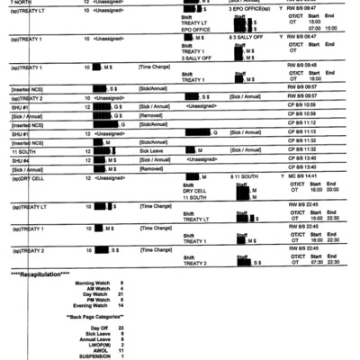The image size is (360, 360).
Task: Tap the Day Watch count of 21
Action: click(121, 294)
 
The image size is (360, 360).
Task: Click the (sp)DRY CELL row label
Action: click(22, 178)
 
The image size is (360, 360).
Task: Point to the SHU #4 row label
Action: click(21, 162)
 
